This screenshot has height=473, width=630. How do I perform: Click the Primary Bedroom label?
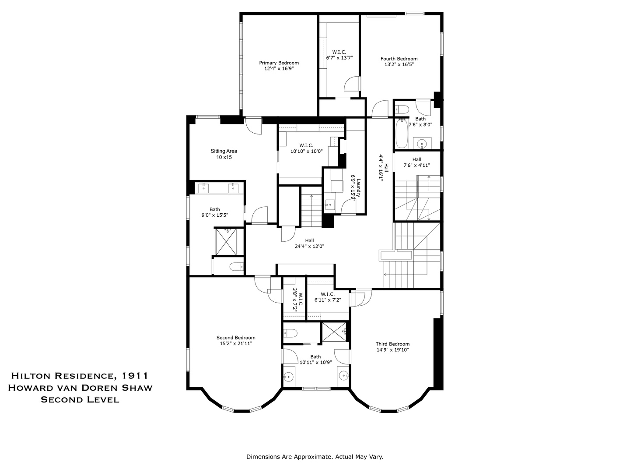(x=279, y=63)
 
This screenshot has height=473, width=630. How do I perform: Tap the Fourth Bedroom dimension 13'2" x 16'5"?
(x=399, y=64)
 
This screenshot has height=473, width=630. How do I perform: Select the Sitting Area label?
(x=224, y=151)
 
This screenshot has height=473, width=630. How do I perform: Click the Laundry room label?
(x=358, y=187)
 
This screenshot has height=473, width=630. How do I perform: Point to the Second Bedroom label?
(x=236, y=338)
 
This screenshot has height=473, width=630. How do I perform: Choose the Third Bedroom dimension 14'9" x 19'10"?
(x=392, y=350)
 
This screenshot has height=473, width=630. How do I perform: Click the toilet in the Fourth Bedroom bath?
(x=402, y=109)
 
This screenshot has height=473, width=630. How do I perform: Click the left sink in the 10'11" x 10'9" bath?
(x=288, y=376)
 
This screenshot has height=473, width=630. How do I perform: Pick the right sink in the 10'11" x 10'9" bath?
(x=344, y=375)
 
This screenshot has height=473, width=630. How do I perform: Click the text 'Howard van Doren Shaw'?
(x=80, y=388)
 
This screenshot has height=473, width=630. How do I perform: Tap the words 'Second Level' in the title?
(x=80, y=399)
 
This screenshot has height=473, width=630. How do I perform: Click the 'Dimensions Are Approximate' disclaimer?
(x=315, y=457)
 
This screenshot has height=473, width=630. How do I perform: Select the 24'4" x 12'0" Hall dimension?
(x=309, y=246)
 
